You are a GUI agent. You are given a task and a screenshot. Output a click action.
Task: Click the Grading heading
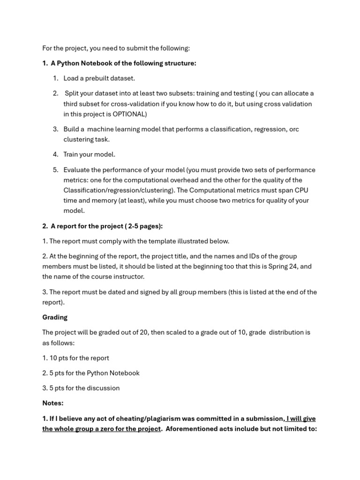tap(55, 317)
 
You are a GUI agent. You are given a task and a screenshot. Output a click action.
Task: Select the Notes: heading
tap(52, 403)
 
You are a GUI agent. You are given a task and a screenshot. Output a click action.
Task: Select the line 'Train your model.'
tap(89, 154)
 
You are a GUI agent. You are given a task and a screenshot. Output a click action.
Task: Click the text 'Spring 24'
tap(282, 266)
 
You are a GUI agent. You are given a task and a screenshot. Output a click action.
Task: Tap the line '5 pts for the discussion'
tap(81, 388)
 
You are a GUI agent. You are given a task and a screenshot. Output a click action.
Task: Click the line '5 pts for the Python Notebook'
tap(91, 373)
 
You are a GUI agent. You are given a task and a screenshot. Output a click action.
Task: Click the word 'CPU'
tap(300, 190)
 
